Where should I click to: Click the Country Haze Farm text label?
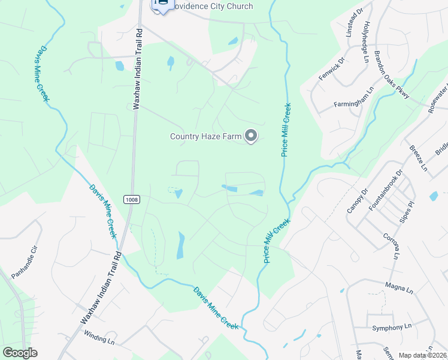(x=205, y=137)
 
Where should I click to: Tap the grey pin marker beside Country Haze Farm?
(x=252, y=137)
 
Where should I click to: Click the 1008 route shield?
(x=132, y=199)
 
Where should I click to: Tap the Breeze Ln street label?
(x=418, y=158)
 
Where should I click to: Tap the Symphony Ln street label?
(x=392, y=328)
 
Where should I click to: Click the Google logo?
(x=20, y=353)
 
